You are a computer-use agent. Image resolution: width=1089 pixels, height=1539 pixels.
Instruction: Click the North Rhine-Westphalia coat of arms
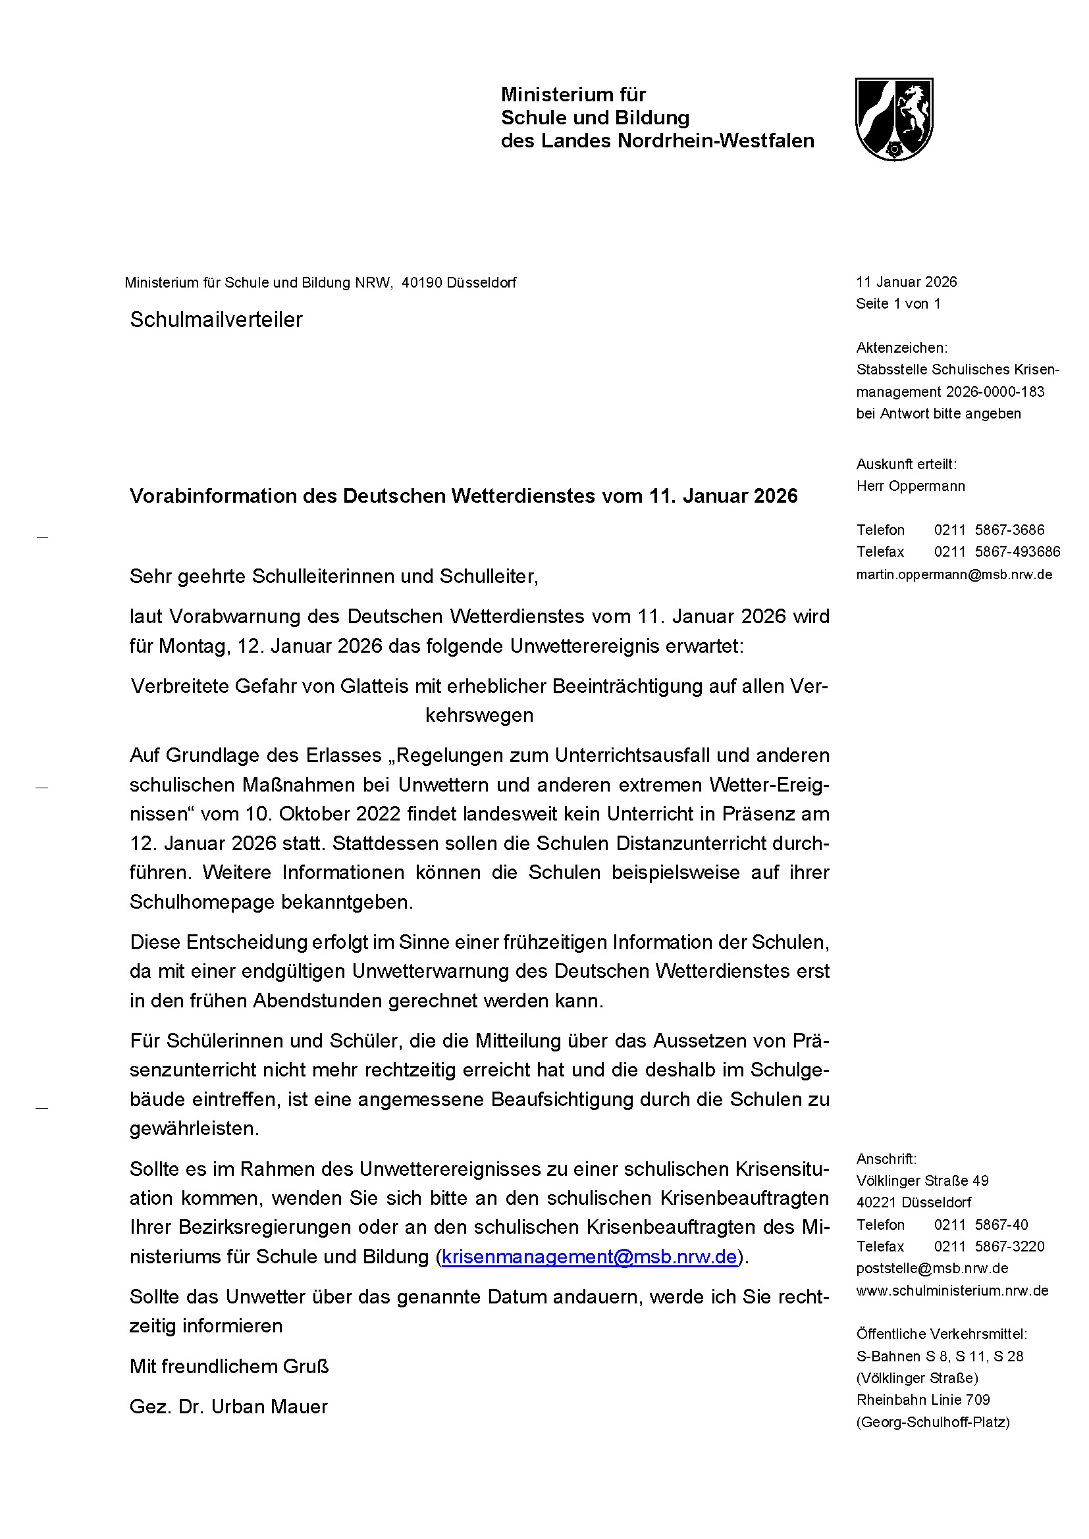coord(894,119)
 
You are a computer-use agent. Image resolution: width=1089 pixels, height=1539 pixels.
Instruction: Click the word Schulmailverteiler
coord(216,320)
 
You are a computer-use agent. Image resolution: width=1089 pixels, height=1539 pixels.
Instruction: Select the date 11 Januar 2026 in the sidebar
coord(906,282)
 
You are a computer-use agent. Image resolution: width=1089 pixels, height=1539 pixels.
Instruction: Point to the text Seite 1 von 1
coord(898,303)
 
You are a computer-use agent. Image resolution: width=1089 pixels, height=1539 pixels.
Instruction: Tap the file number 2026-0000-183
coord(995,391)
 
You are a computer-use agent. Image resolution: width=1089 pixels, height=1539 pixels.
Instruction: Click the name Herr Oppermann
coord(910,486)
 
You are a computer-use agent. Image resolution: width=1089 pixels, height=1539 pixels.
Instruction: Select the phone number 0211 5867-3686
coord(988,530)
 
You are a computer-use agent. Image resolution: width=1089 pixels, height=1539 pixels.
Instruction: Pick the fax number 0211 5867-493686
coord(996,551)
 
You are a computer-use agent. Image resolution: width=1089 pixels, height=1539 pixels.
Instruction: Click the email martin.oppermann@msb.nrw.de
coord(953,574)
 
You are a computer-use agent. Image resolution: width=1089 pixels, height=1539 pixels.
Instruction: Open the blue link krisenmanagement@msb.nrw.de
coord(589,1256)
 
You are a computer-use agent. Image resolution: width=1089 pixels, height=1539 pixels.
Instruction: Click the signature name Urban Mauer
coord(269,1406)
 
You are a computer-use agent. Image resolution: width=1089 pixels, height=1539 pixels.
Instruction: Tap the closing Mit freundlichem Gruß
coord(228,1366)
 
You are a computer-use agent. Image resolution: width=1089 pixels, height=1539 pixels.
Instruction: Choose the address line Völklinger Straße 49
coord(922,1180)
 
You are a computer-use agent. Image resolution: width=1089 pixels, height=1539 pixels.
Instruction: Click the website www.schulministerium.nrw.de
coord(951,1290)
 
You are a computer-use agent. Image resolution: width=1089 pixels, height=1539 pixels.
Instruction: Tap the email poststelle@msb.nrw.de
coord(932,1268)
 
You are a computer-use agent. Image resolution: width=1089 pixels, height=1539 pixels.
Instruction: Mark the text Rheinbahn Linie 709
coord(922,1400)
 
